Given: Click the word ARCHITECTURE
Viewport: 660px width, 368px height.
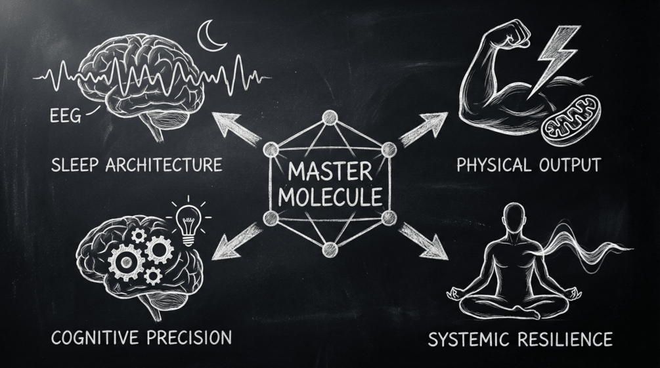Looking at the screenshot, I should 167,164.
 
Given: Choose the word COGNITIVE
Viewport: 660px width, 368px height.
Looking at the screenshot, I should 92,338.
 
